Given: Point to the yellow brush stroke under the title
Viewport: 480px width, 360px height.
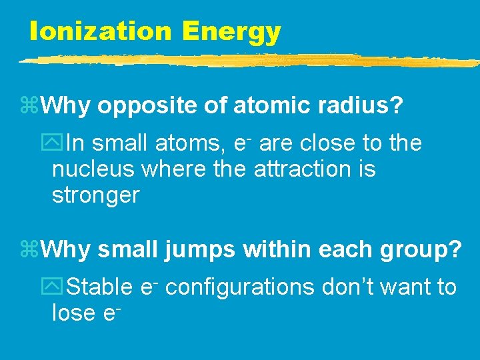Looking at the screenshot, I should (247, 61).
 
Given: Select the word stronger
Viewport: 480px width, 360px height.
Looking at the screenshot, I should (95, 196).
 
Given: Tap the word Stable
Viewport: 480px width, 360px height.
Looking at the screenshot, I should (101, 287).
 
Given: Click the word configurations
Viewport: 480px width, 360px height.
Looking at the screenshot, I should (239, 288).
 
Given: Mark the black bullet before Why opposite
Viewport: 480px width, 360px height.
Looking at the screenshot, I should (31, 105).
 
